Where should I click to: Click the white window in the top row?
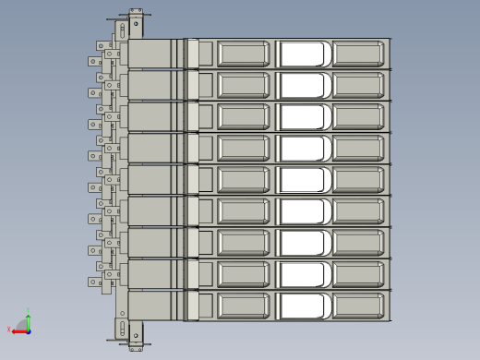coord(304,54)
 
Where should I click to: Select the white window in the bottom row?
coord(304,306)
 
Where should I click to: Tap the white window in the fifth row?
coord(304,179)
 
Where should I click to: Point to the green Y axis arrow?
coord(29,319)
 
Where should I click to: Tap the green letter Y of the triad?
coord(30,312)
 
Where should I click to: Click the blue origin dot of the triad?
coord(28,330)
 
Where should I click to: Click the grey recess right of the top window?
coord(357,54)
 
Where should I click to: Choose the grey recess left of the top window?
coord(244,54)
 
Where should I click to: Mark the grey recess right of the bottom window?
coord(357,306)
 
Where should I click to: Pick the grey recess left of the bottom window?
coord(244,306)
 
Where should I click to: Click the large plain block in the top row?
coord(150,54)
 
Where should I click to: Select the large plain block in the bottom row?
coord(150,306)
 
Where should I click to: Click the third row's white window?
coord(304,116)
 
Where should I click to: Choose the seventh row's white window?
coord(304,243)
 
